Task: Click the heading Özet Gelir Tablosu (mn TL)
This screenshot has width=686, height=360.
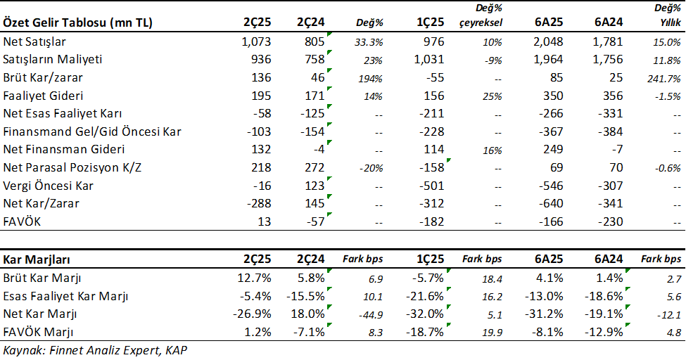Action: [x=78, y=22]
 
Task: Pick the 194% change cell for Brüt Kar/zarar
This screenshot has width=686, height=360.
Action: [x=369, y=77]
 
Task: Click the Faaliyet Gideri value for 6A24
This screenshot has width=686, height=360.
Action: [x=609, y=95]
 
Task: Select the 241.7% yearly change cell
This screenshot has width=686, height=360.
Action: [x=663, y=77]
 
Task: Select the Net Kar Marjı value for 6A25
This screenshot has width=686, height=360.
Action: [x=545, y=314]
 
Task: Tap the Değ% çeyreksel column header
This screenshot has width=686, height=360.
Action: [x=482, y=15]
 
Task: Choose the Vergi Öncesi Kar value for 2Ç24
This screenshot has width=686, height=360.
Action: [x=313, y=186]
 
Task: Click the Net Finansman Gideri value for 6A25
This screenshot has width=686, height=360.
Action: [x=550, y=149]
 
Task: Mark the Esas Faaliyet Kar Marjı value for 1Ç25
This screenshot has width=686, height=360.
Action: [x=426, y=295]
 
